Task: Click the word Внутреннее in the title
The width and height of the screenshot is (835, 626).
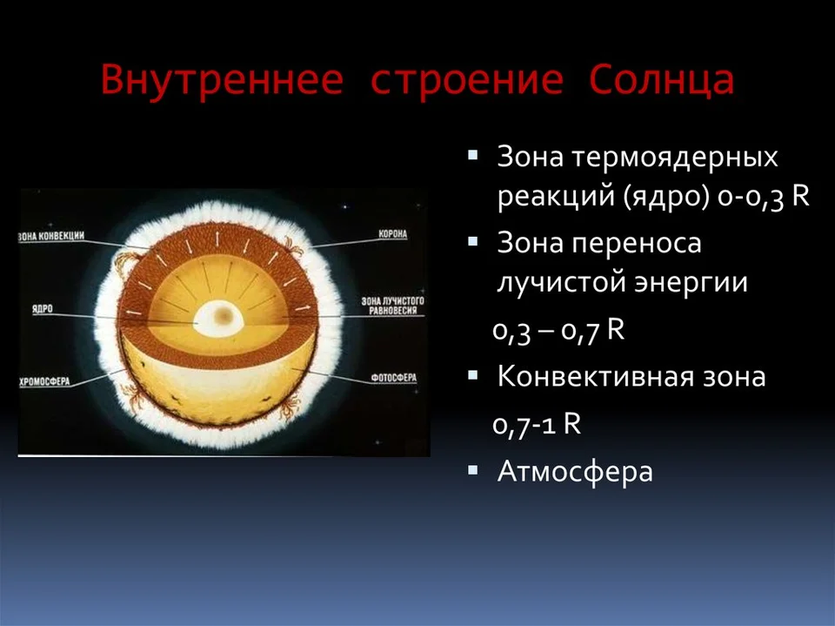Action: pyautogui.click(x=222, y=80)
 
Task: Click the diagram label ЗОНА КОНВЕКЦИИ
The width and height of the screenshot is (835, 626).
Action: pyautogui.click(x=51, y=236)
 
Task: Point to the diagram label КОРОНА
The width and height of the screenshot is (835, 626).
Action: pyautogui.click(x=392, y=234)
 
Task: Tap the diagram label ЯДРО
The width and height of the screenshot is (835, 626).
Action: pyautogui.click(x=43, y=309)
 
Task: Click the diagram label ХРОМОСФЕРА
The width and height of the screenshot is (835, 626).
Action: pyautogui.click(x=44, y=382)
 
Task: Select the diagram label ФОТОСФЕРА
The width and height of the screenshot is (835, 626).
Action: pyautogui.click(x=394, y=378)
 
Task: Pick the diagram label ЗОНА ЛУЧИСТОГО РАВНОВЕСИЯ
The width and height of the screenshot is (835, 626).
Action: pyautogui.click(x=393, y=306)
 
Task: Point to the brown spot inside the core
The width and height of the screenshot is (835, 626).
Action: pyautogui.click(x=224, y=316)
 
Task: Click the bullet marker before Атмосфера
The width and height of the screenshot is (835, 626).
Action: pyautogui.click(x=472, y=470)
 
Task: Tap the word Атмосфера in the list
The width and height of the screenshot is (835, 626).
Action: pyautogui.click(x=575, y=472)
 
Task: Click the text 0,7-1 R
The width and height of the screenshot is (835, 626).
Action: pyautogui.click(x=537, y=425)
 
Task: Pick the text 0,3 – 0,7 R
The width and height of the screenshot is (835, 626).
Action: pyautogui.click(x=558, y=331)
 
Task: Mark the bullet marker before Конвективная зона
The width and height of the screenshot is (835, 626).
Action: pyautogui.click(x=472, y=375)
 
